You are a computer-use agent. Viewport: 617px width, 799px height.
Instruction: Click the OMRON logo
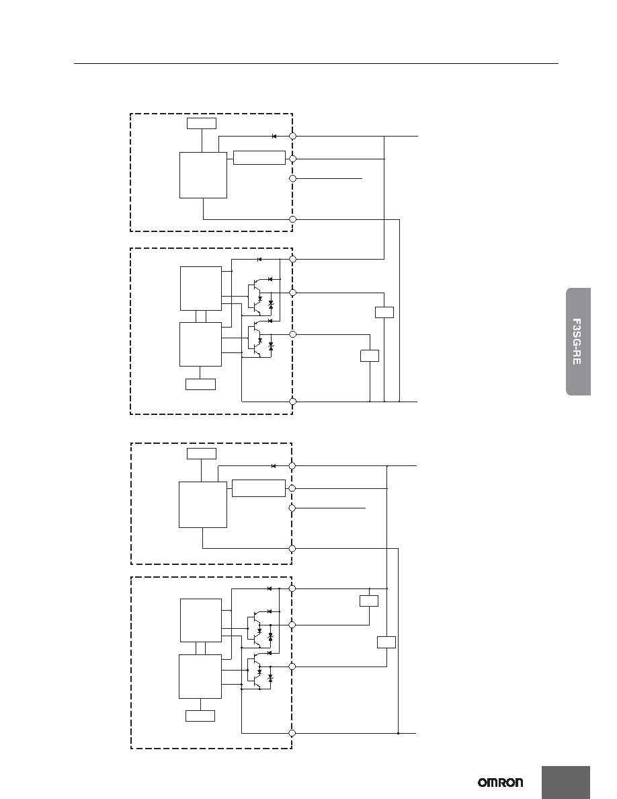500,783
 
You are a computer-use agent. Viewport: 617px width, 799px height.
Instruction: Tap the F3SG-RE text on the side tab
576,342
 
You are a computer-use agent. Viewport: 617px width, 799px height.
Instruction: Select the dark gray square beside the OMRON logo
566,783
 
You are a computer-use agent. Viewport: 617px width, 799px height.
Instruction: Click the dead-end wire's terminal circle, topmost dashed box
293,179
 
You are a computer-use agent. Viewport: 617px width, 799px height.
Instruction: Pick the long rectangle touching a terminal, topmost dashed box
259,158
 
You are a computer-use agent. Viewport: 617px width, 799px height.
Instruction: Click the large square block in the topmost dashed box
203,176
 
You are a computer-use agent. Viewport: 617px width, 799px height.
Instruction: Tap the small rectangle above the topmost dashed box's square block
202,123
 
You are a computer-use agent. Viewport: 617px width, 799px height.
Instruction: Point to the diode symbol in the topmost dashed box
274,137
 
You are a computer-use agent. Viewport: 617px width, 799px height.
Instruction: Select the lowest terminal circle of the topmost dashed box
293,220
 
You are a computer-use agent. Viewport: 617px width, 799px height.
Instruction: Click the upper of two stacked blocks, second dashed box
200,288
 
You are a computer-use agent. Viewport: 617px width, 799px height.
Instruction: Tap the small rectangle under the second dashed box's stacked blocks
200,384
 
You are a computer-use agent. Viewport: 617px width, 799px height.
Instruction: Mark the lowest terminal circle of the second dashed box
293,402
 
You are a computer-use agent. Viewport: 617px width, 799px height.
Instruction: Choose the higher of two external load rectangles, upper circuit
384,312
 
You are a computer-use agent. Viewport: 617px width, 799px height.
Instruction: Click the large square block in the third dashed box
202,504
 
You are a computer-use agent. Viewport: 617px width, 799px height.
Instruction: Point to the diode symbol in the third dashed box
274,465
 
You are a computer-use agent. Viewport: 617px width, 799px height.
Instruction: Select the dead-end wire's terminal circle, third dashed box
292,508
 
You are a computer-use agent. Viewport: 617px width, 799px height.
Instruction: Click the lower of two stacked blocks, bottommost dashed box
200,677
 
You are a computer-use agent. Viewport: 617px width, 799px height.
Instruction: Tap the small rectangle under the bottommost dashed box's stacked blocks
200,716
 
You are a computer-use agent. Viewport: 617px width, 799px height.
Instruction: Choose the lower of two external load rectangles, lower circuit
386,642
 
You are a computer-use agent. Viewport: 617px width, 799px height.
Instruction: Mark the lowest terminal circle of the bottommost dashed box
292,733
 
